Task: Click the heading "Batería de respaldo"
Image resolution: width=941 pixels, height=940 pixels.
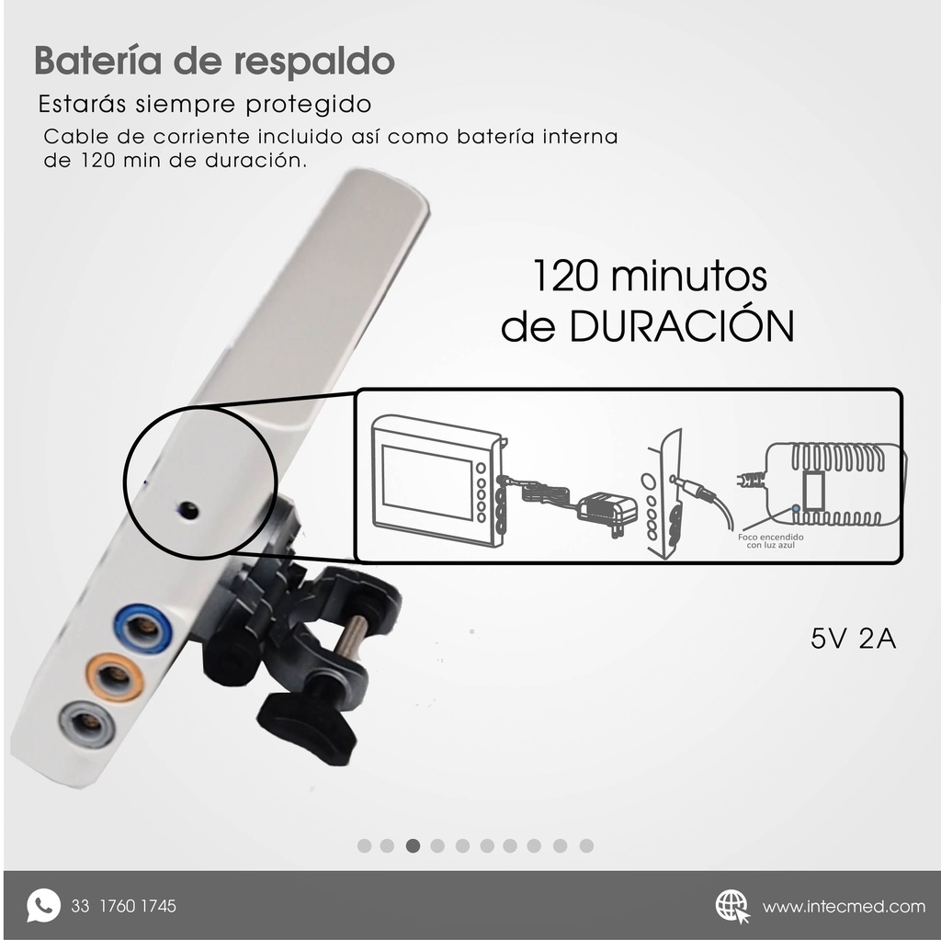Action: tap(214, 62)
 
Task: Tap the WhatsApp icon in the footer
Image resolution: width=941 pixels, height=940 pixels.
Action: tap(42, 905)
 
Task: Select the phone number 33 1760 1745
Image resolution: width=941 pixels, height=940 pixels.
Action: tap(123, 906)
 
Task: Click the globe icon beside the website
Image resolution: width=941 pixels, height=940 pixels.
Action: tap(732, 905)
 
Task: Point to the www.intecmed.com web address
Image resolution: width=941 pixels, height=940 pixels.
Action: tap(844, 906)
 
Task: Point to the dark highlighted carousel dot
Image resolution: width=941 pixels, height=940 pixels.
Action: tap(413, 845)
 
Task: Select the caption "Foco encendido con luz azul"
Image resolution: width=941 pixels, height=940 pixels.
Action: tap(771, 541)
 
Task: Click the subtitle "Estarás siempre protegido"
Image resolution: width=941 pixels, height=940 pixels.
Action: tap(204, 102)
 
